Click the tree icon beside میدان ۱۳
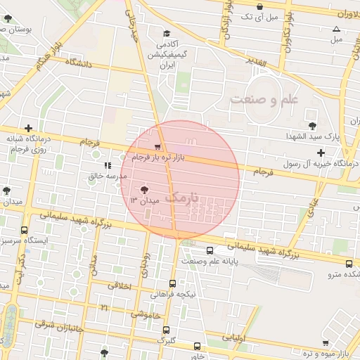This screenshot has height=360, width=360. coord(145,189)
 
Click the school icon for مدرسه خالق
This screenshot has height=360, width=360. coord(107,166)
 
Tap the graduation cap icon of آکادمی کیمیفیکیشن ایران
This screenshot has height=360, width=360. coord(167,34)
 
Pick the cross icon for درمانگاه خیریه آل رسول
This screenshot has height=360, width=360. coord(321,153)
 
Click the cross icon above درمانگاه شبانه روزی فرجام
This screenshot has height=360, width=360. coord(28,129)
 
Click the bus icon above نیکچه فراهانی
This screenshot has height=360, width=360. coord(172,283)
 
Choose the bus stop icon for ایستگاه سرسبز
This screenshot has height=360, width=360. coord(25,230)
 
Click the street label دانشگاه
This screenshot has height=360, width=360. coord(79,63)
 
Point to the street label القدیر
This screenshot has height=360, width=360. coord(256,63)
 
